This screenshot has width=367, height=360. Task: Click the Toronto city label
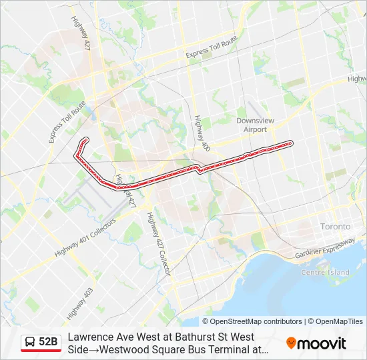tap(335, 227)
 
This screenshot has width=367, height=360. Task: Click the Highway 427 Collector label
tap(159, 243)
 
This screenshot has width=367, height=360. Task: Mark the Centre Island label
tap(325, 272)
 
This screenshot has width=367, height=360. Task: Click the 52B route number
tap(48, 342)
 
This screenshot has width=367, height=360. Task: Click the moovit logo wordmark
tap(322, 343)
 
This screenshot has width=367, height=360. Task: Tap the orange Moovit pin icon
tap(291, 343)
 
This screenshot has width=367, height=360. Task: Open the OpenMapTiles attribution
tap(338, 321)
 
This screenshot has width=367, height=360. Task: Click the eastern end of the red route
tap(290, 143)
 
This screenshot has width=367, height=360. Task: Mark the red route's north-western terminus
tap(85, 139)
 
